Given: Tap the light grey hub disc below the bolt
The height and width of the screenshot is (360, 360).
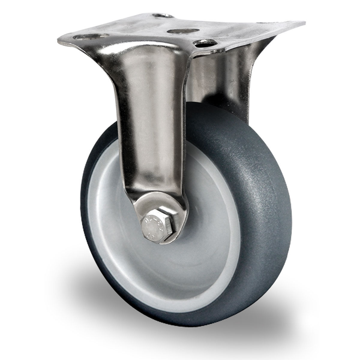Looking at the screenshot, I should point(168,264).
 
